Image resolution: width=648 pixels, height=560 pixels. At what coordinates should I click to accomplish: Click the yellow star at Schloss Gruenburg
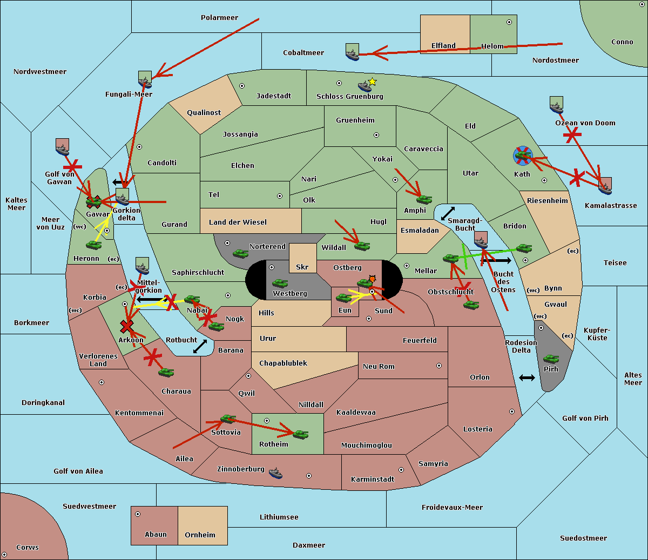coord(372,82)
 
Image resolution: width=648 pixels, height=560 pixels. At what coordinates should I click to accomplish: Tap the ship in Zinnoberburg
coord(275,473)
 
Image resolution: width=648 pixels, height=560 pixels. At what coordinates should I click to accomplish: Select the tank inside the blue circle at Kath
coord(522,156)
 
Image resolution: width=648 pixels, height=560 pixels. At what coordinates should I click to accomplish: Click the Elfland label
coord(443,46)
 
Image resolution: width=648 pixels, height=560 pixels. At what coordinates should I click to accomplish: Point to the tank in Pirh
coord(551,359)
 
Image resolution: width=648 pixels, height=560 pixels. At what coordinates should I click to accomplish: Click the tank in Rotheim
coord(300,434)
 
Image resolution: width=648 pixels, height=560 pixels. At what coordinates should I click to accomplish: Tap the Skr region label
coord(302,267)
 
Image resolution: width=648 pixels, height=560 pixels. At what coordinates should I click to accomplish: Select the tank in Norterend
coord(240,253)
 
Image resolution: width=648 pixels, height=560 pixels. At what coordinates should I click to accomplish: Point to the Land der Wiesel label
coord(238,222)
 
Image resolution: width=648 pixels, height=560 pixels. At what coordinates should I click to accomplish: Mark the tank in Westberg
coord(280,283)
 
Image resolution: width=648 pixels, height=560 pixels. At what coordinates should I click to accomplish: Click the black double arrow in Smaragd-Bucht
coord(448,213)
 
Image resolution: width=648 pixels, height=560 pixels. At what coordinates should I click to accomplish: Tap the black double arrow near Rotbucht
coord(200,346)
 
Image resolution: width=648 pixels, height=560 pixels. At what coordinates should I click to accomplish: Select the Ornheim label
coord(200,535)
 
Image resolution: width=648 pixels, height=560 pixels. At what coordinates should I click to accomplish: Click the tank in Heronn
coord(93,245)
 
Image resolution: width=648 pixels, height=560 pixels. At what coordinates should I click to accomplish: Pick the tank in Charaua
coord(166,372)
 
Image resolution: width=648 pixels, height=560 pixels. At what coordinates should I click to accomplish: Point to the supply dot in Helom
coord(509,22)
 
